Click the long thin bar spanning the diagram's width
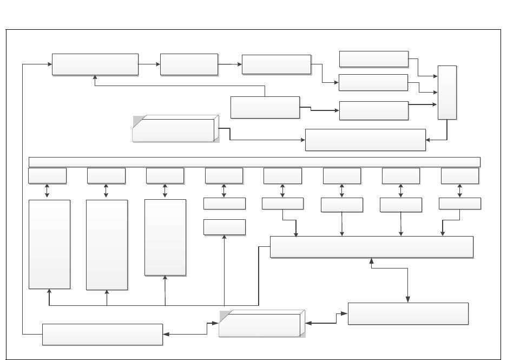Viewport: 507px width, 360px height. click(254, 162)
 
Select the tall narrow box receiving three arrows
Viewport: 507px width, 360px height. click(447, 92)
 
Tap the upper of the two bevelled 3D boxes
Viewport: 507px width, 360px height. click(176, 128)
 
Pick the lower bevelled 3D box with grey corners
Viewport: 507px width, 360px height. click(262, 324)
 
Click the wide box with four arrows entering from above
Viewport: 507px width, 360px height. click(371, 247)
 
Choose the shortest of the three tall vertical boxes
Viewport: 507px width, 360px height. click(166, 238)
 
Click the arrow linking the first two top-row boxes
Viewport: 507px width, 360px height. click(149, 64)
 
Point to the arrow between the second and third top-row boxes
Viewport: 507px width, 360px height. click(230, 64)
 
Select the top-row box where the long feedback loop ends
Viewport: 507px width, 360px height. click(95, 64)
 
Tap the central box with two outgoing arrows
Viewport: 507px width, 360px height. click(265, 107)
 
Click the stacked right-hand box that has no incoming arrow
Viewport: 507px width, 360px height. click(373, 59)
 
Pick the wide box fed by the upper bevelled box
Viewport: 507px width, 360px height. click(365, 140)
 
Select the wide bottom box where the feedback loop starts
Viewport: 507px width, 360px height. click(102, 334)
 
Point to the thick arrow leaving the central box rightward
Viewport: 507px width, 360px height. click(319, 110)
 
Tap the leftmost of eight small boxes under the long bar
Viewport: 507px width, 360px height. click(48, 176)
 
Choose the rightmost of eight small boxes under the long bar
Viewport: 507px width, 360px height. click(460, 176)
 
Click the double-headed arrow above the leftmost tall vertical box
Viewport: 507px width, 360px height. click(48, 192)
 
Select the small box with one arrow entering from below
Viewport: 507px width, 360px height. click(225, 227)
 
